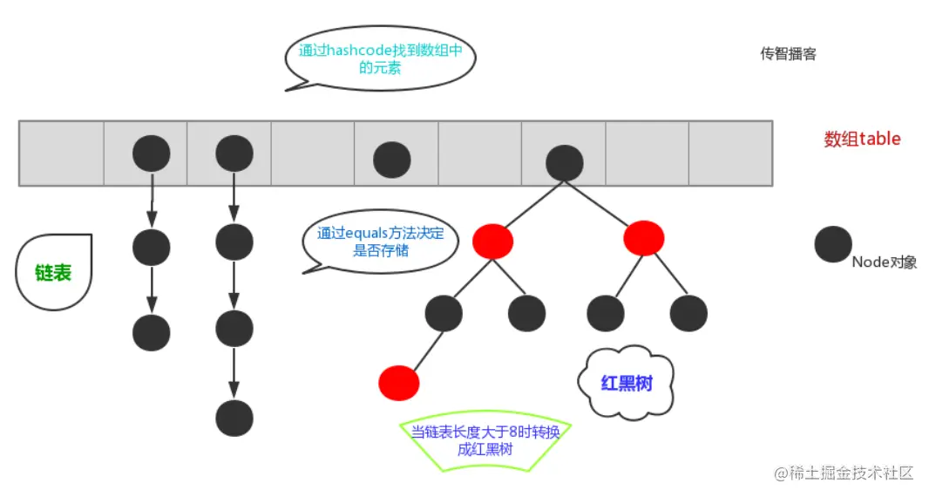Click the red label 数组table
[x=862, y=139]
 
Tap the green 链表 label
[x=53, y=272]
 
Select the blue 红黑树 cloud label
[x=627, y=382]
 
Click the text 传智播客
[x=788, y=54]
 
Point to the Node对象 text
[x=884, y=262]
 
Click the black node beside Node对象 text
[x=833, y=244]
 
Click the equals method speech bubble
[x=380, y=243]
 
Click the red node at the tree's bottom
[x=399, y=383]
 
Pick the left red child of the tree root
[x=492, y=241]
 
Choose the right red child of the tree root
[x=644, y=238]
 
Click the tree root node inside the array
[x=564, y=162]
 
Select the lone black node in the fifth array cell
[x=392, y=160]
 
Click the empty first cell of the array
[x=61, y=153]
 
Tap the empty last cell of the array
[x=730, y=153]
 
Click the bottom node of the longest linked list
[x=234, y=419]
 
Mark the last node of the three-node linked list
[x=152, y=332]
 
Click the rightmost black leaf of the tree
[x=688, y=313]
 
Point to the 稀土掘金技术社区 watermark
[x=844, y=473]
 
